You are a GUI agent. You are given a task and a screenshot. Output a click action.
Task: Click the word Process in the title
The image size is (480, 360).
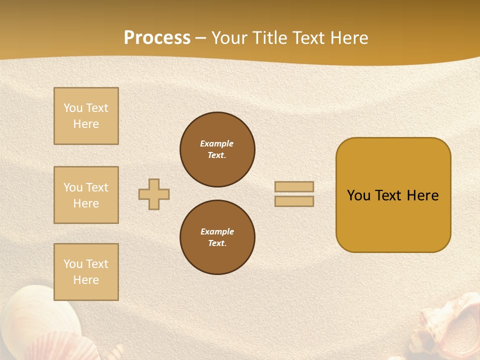157,38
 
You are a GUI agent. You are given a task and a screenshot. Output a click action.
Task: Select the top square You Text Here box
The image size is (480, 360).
86,116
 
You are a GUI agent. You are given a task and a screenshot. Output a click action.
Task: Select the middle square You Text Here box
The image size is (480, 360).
86,195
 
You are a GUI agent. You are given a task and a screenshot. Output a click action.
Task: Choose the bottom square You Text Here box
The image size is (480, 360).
86,272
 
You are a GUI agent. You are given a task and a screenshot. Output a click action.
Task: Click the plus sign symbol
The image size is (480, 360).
154,194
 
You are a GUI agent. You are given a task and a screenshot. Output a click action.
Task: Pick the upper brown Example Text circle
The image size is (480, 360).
217,149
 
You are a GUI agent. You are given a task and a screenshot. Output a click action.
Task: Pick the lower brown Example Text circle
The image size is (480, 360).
217,237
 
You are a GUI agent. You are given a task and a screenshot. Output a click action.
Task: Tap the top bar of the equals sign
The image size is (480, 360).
294,186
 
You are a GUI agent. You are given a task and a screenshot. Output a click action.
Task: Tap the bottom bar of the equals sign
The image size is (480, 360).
294,201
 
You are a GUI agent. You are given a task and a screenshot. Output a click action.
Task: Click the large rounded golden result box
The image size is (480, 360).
393,220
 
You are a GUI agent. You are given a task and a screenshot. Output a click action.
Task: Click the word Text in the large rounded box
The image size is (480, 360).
388,195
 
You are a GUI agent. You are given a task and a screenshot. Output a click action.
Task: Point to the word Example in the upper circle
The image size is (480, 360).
217,144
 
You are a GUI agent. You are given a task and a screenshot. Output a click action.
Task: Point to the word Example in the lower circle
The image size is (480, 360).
217,232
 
